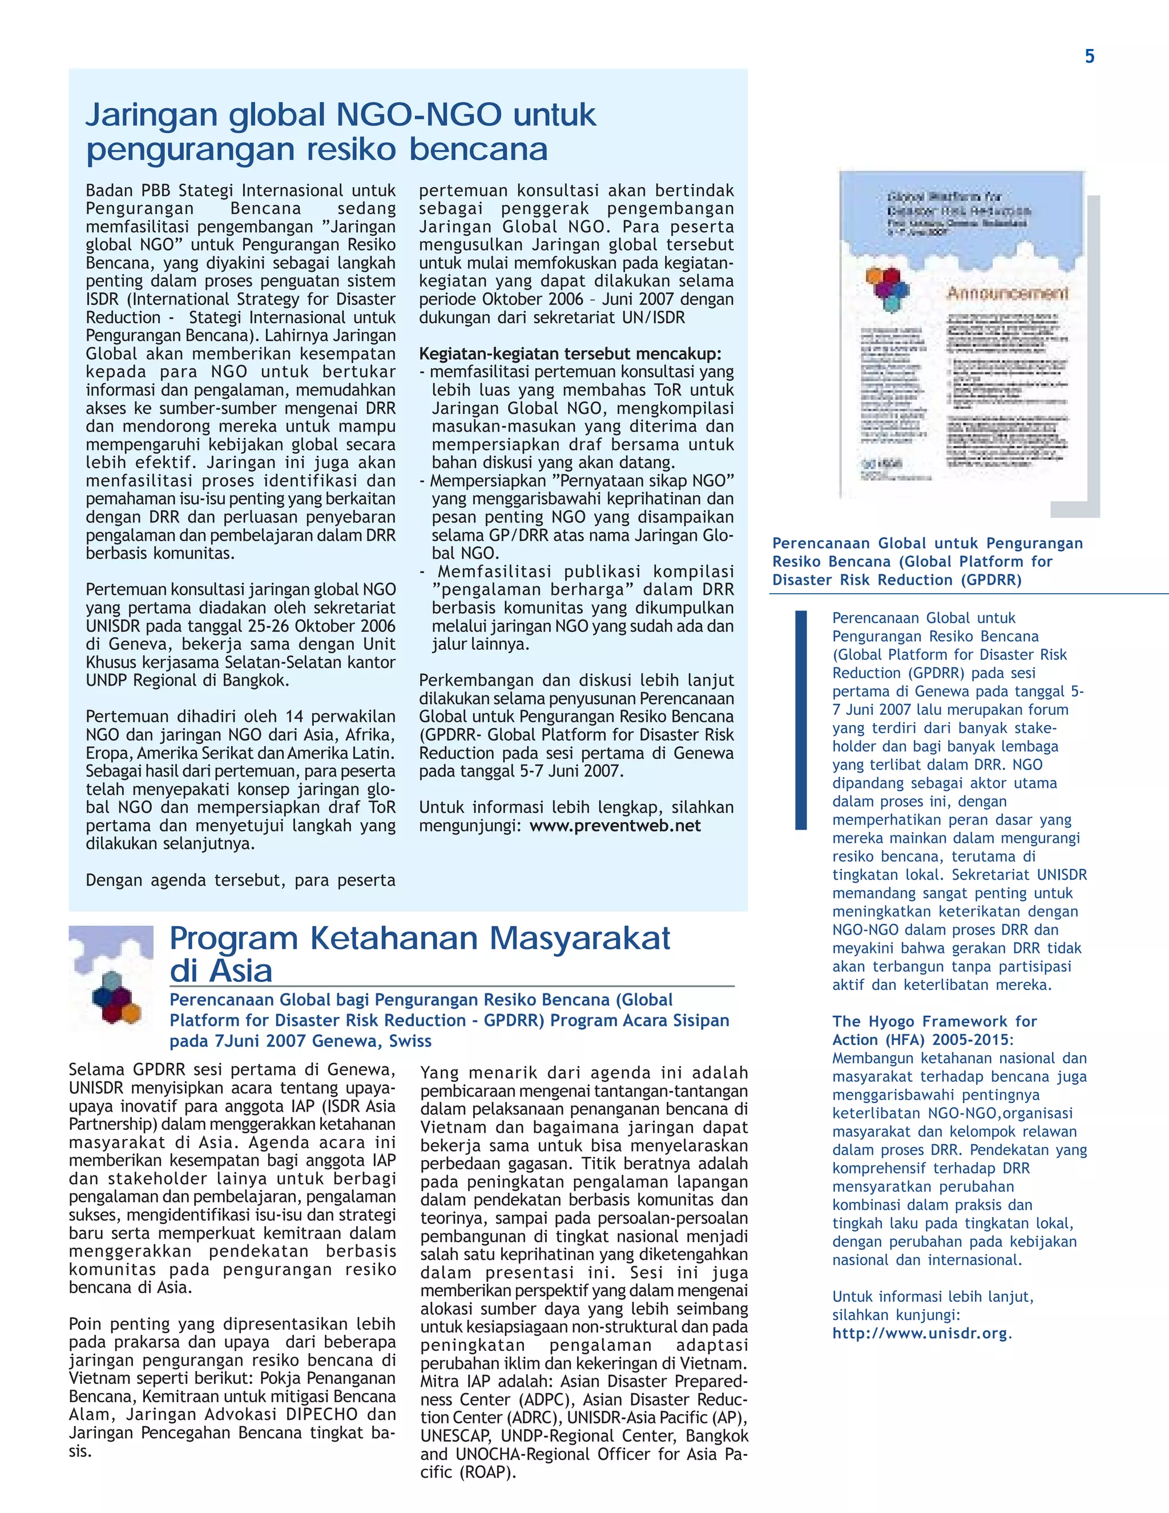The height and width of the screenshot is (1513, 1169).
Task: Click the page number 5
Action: [1089, 57]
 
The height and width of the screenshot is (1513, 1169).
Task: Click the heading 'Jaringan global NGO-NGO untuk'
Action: [340, 115]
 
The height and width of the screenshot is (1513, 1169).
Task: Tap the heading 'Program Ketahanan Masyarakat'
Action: [420, 939]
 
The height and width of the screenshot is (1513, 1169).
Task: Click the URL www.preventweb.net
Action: [615, 826]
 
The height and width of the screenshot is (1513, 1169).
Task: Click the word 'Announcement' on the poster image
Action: [1007, 293]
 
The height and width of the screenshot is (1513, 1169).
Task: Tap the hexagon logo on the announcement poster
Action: [887, 288]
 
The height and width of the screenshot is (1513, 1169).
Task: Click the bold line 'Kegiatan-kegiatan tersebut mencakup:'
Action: [570, 354]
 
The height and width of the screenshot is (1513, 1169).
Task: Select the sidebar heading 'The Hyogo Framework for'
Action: [934, 1021]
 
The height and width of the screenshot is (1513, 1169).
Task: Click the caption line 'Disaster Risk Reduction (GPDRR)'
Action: [897, 580]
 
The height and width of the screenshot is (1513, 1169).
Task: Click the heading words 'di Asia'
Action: [221, 971]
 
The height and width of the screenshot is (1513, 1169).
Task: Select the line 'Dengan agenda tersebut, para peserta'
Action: [240, 880]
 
